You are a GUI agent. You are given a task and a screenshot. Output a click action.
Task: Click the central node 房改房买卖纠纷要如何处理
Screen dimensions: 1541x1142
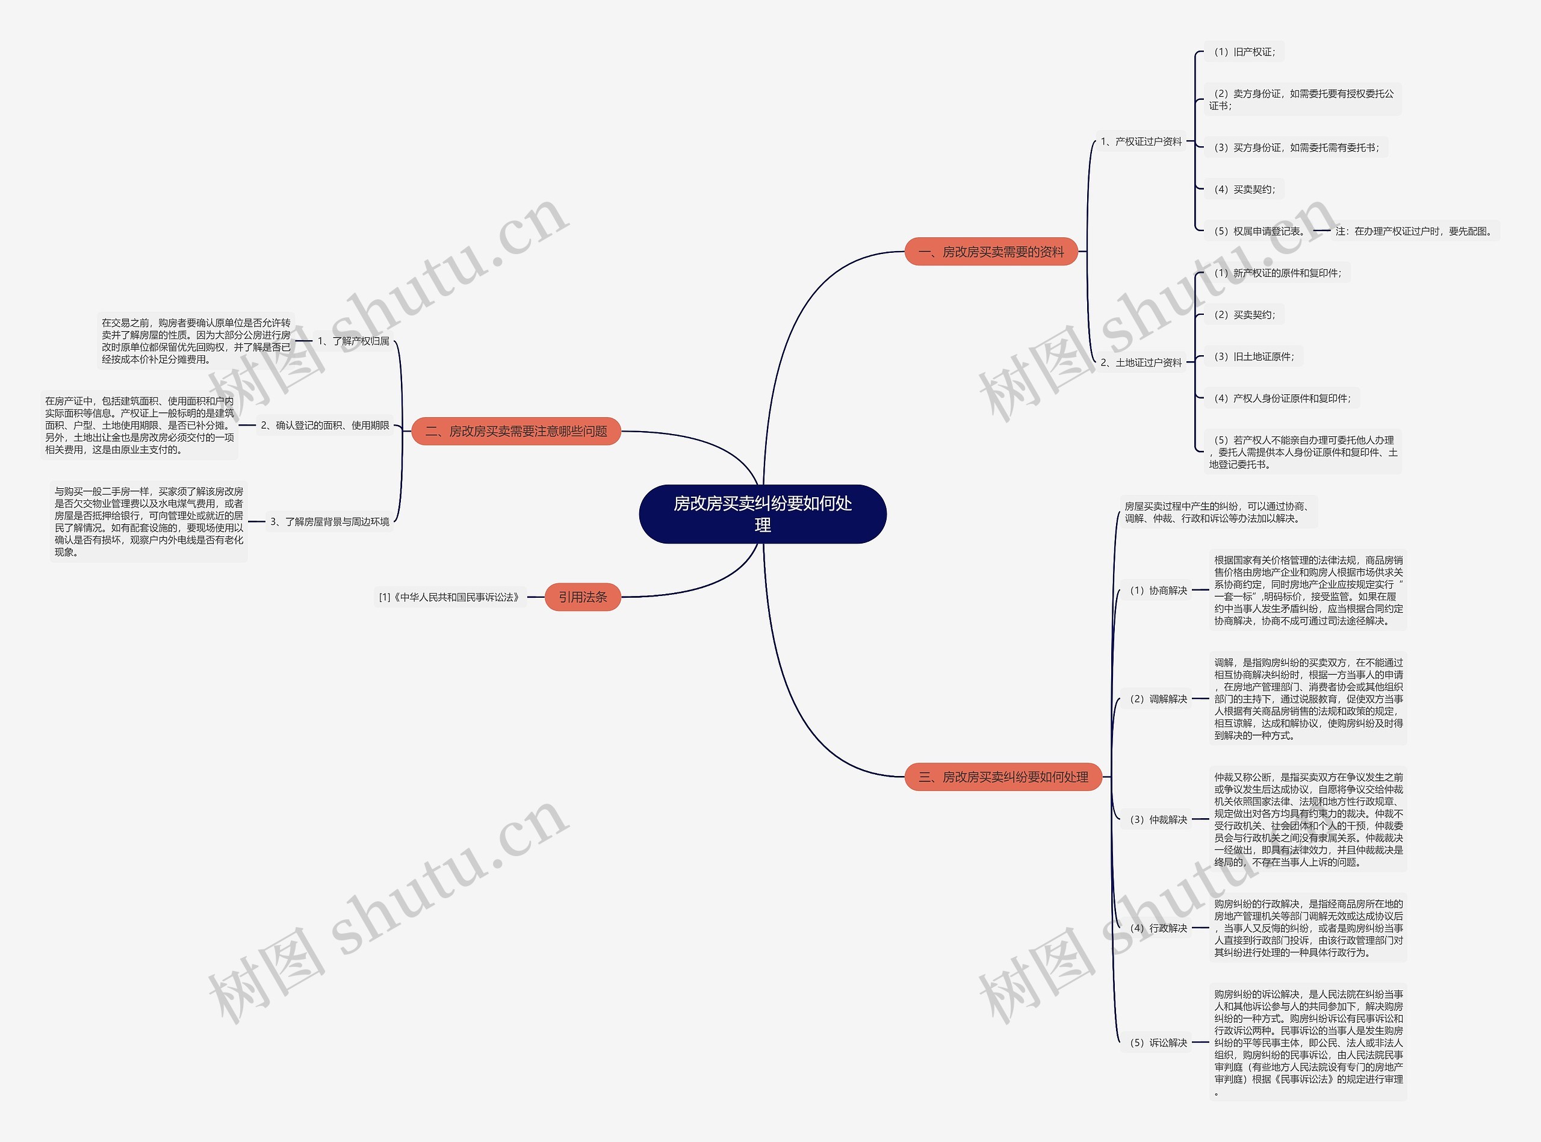[x=762, y=514]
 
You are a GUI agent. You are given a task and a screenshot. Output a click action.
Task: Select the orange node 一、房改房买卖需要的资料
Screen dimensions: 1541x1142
[x=991, y=252]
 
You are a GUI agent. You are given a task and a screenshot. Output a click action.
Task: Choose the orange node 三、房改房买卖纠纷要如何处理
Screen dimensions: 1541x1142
[x=1003, y=777]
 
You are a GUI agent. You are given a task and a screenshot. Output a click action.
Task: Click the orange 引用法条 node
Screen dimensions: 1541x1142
[x=583, y=597]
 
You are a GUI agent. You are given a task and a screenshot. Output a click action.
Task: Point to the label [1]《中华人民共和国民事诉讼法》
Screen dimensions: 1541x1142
[x=449, y=597]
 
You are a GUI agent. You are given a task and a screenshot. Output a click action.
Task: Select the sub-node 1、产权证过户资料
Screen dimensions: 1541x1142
[x=1141, y=141]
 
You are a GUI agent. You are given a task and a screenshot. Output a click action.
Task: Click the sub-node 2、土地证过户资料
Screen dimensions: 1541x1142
[x=1141, y=362]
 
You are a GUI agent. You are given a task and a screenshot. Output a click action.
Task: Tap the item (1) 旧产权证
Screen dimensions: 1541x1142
[x=1244, y=52]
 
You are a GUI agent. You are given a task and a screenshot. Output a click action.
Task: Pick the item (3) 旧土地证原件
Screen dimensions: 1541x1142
[x=1253, y=357]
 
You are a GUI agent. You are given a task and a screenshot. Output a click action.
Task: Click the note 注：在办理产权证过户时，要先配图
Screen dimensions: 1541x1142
[x=1414, y=231]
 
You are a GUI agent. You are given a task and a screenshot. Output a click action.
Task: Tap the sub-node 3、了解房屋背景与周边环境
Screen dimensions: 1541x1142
[x=330, y=521]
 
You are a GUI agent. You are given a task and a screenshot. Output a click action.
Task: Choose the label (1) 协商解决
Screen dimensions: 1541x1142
[x=1158, y=591]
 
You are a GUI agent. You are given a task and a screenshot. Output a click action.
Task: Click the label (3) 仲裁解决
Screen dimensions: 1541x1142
[x=1158, y=819]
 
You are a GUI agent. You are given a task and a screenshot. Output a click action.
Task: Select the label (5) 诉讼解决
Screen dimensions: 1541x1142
[x=1158, y=1043]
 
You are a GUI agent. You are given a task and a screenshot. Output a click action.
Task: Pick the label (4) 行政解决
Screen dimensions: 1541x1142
[x=1158, y=928]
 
